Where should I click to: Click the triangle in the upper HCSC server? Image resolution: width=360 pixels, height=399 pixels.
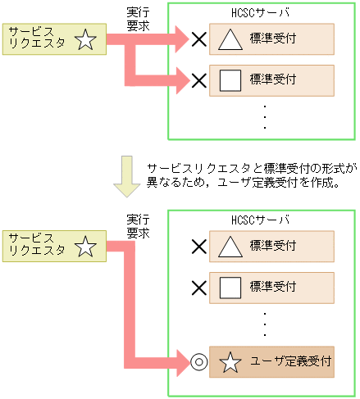231,39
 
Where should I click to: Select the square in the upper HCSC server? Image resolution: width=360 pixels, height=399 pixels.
231,79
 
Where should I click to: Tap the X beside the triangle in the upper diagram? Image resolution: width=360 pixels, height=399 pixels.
198,39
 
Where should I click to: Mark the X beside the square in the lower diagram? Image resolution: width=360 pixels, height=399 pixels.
198,287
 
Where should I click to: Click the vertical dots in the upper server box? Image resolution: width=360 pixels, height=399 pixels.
265,116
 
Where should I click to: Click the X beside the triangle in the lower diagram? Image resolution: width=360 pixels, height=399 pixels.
198,246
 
